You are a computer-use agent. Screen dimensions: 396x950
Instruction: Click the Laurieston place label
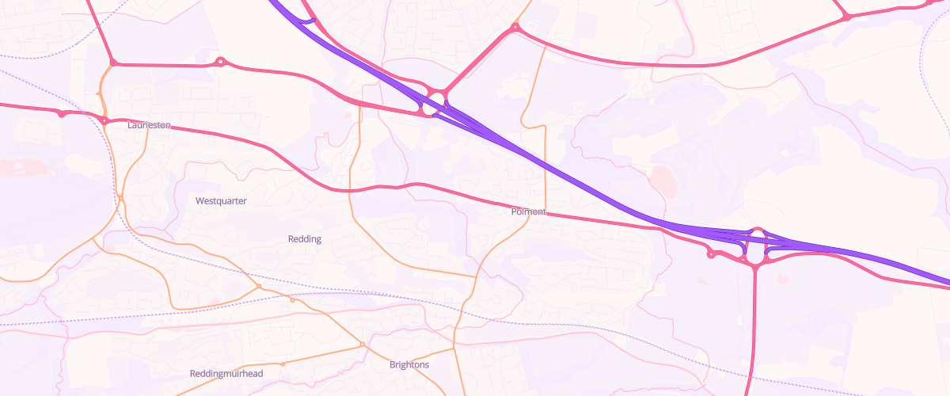(149, 125)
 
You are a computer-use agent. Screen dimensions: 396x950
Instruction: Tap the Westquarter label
(221, 201)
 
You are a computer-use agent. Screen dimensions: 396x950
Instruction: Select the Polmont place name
(529, 211)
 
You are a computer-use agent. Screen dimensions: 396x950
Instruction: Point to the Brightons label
(409, 365)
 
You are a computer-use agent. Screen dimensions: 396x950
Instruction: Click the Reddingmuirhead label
(226, 373)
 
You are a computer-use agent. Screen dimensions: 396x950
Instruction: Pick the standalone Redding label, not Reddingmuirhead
(305, 239)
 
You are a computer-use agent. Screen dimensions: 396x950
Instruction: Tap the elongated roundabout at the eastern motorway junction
(755, 247)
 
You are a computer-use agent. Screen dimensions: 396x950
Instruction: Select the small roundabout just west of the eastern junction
(711, 254)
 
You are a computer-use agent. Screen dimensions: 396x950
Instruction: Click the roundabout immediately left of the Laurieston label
(104, 120)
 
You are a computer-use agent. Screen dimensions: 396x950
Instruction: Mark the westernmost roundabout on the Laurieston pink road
(61, 114)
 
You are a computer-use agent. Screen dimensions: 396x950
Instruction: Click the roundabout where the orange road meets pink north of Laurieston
(113, 63)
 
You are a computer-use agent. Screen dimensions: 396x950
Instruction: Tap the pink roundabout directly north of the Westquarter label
(221, 61)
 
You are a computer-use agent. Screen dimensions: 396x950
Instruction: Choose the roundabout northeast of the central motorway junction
(515, 28)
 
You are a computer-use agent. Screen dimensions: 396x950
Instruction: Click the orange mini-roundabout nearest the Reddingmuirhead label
(283, 364)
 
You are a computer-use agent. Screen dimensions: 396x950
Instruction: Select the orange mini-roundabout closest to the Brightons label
(363, 345)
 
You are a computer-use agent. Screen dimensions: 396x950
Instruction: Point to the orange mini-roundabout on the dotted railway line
(259, 286)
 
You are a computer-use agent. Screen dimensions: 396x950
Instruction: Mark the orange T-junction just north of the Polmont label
(545, 125)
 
